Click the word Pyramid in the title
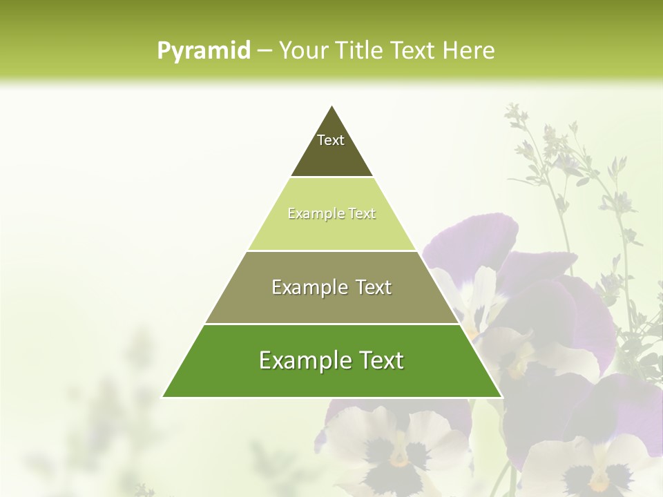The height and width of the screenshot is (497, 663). point(204,51)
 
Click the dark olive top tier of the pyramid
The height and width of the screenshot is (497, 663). point(331,155)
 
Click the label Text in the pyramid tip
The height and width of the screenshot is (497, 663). point(331,140)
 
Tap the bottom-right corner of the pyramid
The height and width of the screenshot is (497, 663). point(502,397)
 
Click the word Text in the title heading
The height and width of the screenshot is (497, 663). point(414,51)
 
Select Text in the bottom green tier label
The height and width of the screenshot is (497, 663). point(381,361)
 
